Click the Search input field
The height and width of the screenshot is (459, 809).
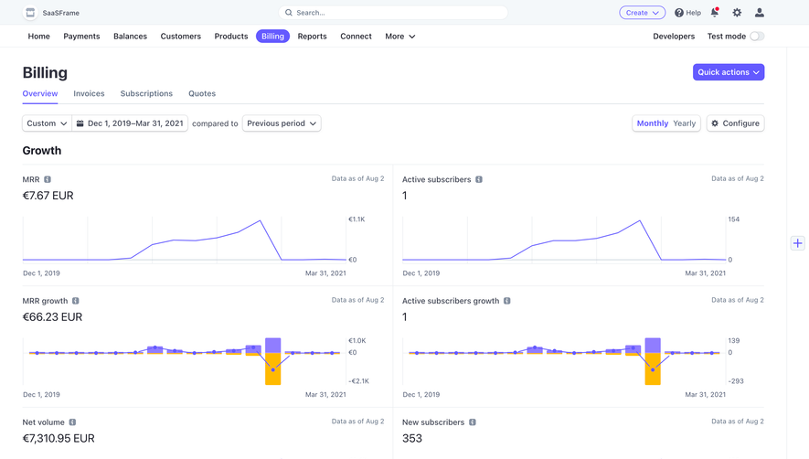pyautogui.click(x=393, y=13)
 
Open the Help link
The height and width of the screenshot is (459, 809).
pyautogui.click(x=687, y=13)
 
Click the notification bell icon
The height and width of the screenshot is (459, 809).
pyautogui.click(x=715, y=13)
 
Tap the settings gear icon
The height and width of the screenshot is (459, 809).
pyautogui.click(x=737, y=13)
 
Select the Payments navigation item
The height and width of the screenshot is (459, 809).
pyautogui.click(x=81, y=37)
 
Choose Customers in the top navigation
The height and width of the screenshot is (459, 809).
pyautogui.click(x=180, y=37)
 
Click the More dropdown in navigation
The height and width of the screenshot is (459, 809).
pyautogui.click(x=399, y=37)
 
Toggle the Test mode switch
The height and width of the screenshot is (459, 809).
pyautogui.click(x=756, y=37)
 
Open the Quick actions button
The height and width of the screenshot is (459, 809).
pyautogui.click(x=728, y=72)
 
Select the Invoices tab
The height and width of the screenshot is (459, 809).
pyautogui.click(x=89, y=93)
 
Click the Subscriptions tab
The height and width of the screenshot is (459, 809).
pyautogui.click(x=146, y=93)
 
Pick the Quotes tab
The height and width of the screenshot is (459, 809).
pyautogui.click(x=202, y=93)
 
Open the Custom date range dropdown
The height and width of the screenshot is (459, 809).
pyautogui.click(x=47, y=123)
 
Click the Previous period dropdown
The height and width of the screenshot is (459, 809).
pyautogui.click(x=282, y=123)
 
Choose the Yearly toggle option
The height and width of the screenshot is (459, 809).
pyautogui.click(x=684, y=123)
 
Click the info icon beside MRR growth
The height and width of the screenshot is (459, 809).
pyautogui.click(x=76, y=301)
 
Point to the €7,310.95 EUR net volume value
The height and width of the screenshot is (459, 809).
pyautogui.click(x=59, y=438)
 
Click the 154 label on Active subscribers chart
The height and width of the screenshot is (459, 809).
pyautogui.click(x=733, y=219)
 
